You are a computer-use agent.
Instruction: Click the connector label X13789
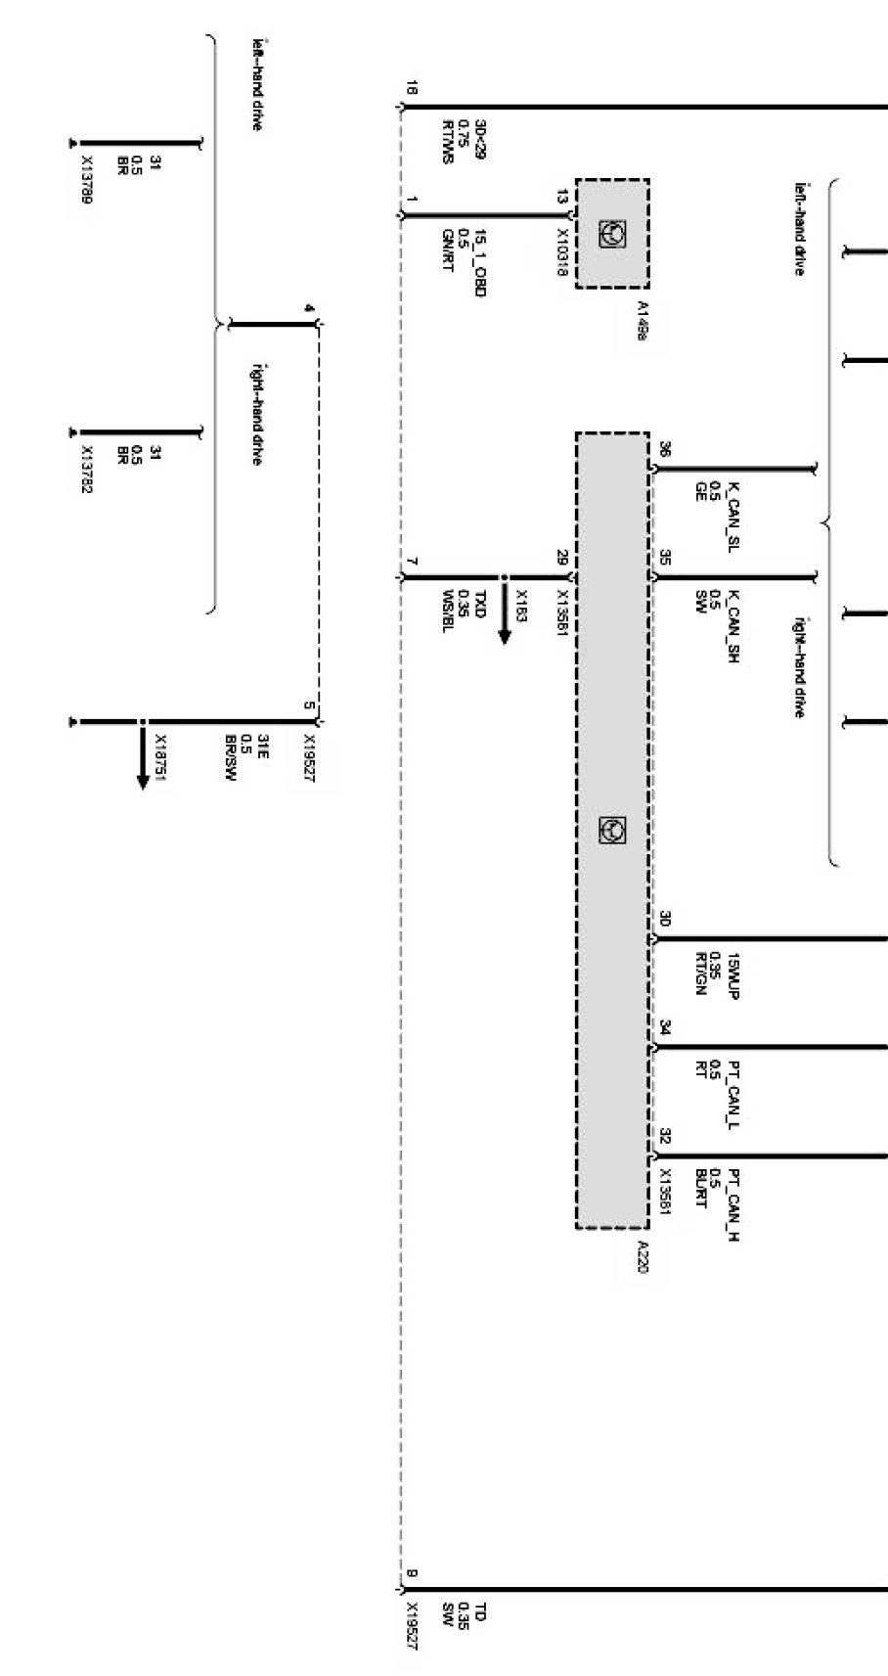(87, 186)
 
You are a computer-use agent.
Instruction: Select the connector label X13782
(87, 471)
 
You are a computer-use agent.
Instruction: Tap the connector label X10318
(562, 252)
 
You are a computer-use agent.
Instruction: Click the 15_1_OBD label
(479, 261)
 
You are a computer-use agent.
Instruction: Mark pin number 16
(411, 90)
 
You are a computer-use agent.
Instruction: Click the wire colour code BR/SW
(231, 759)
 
